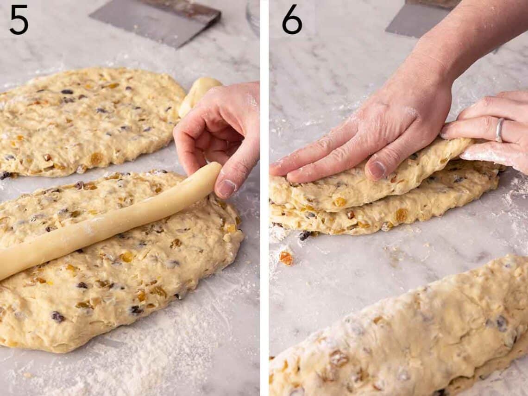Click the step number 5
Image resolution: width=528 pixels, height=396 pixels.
(x=19, y=19)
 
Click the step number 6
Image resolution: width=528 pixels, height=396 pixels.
(x=292, y=19)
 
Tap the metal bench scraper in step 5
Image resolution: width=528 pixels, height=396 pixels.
(x=155, y=21)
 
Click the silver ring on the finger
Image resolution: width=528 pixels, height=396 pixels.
(x=499, y=130)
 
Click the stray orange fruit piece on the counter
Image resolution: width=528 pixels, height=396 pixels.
(x=286, y=258)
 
